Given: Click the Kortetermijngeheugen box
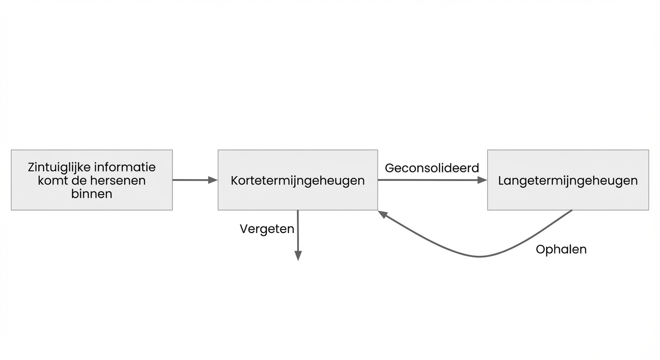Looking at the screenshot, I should point(298,180).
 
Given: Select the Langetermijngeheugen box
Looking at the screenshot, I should point(568,180).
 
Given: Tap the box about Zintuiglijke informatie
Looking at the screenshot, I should point(91,180).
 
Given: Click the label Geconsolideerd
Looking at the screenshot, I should point(432,168).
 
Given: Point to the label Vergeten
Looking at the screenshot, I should point(267,229).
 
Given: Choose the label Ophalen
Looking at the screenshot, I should point(561,249).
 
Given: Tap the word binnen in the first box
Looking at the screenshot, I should point(91,194).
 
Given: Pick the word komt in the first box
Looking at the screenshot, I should point(53,180).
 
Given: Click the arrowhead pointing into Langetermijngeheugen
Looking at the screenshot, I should point(482,180).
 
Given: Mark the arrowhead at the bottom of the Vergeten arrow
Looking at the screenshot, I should point(298,255).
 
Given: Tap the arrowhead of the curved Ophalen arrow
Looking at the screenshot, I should point(382,214).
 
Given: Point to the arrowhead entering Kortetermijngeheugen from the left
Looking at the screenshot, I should point(213,180).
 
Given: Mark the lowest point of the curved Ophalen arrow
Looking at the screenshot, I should point(479,256).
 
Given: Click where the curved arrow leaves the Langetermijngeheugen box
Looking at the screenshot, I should point(571,210).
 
